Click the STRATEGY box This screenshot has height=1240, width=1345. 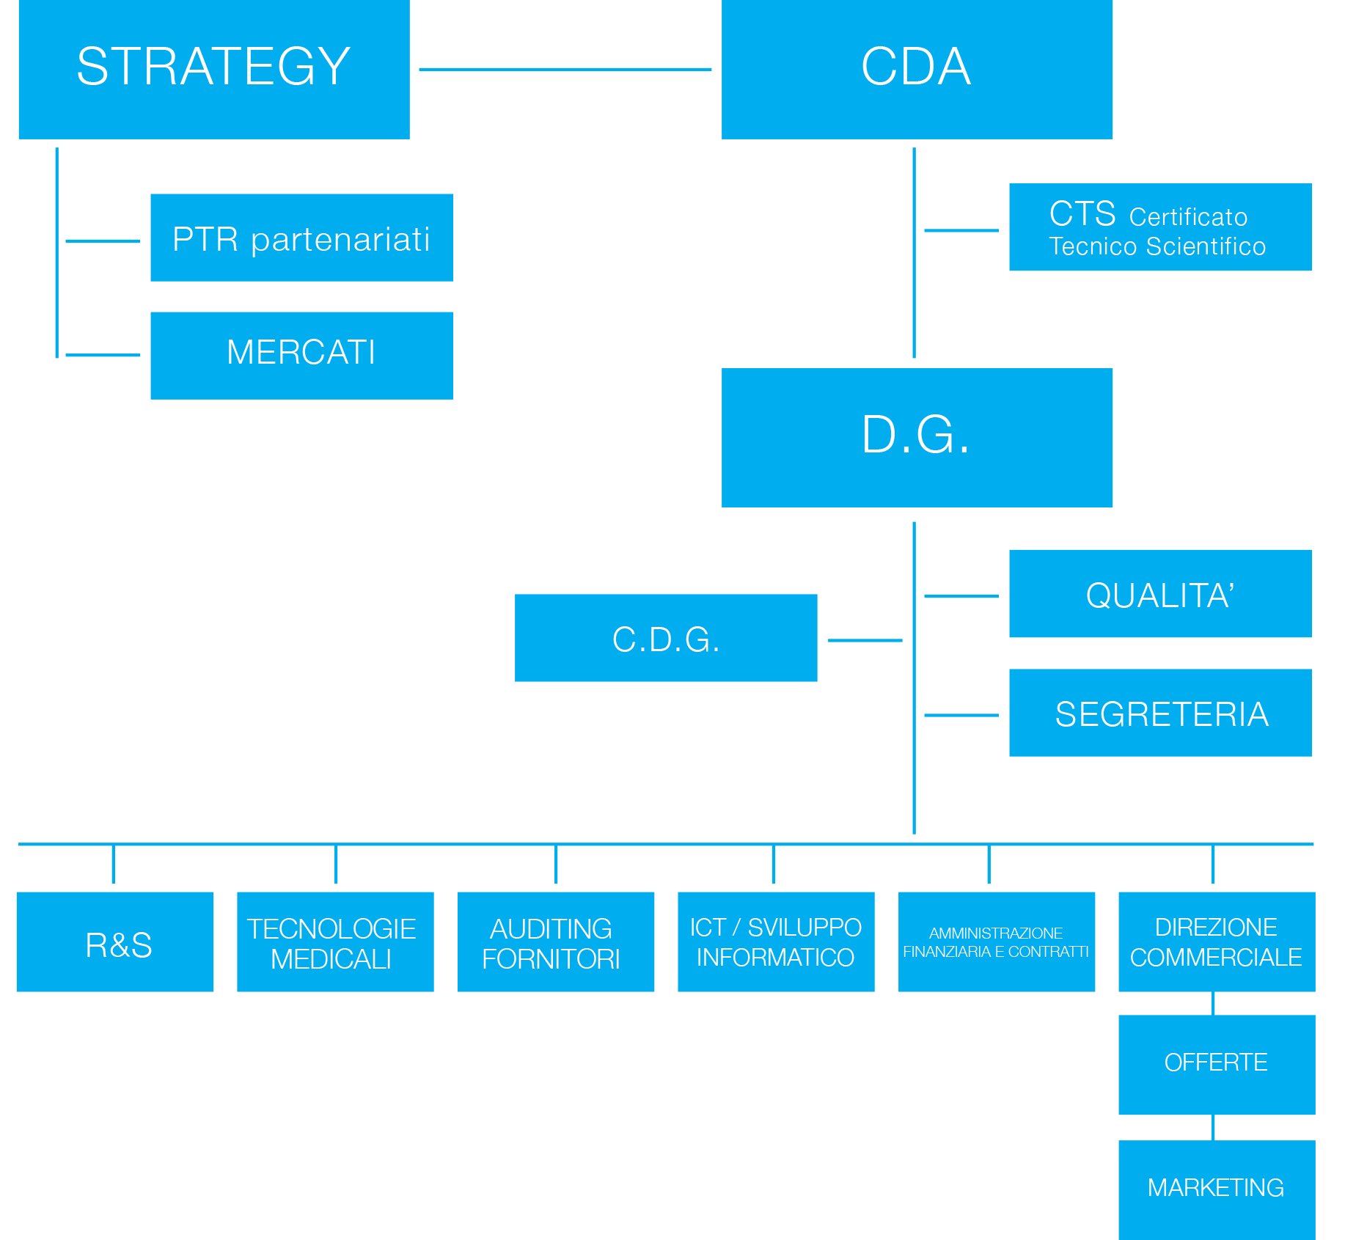pyautogui.click(x=214, y=70)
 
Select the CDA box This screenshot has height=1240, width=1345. pyautogui.click(x=917, y=70)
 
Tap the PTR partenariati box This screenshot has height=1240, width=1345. pyautogui.click(x=302, y=238)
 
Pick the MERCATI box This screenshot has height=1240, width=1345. pyautogui.click(x=302, y=356)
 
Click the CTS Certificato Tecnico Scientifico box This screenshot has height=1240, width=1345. pyautogui.click(x=1161, y=227)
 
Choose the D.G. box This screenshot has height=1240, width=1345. pyautogui.click(x=917, y=438)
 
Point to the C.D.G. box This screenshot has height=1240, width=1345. pyautogui.click(x=666, y=638)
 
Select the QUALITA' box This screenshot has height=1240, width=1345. pyautogui.click(x=1161, y=594)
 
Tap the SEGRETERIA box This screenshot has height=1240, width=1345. pyautogui.click(x=1161, y=713)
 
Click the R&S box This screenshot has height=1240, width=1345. pyautogui.click(x=115, y=942)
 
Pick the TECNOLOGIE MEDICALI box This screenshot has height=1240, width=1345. pyautogui.click(x=336, y=942)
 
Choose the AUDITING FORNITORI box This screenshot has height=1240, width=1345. pyautogui.click(x=556, y=942)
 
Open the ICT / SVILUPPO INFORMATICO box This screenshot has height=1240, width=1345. pyautogui.click(x=777, y=942)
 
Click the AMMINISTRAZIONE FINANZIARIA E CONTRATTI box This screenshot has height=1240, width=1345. pyautogui.click(x=997, y=942)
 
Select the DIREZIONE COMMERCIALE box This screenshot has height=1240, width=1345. pyautogui.click(x=1217, y=942)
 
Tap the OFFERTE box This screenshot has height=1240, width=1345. pyautogui.click(x=1217, y=1065)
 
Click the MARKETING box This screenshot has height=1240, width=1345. pyautogui.click(x=1217, y=1190)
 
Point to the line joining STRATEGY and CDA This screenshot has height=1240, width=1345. pyautogui.click(x=565, y=70)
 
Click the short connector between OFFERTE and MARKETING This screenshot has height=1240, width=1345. pyautogui.click(x=1214, y=1128)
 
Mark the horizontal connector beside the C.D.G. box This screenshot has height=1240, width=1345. pyautogui.click(x=865, y=640)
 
